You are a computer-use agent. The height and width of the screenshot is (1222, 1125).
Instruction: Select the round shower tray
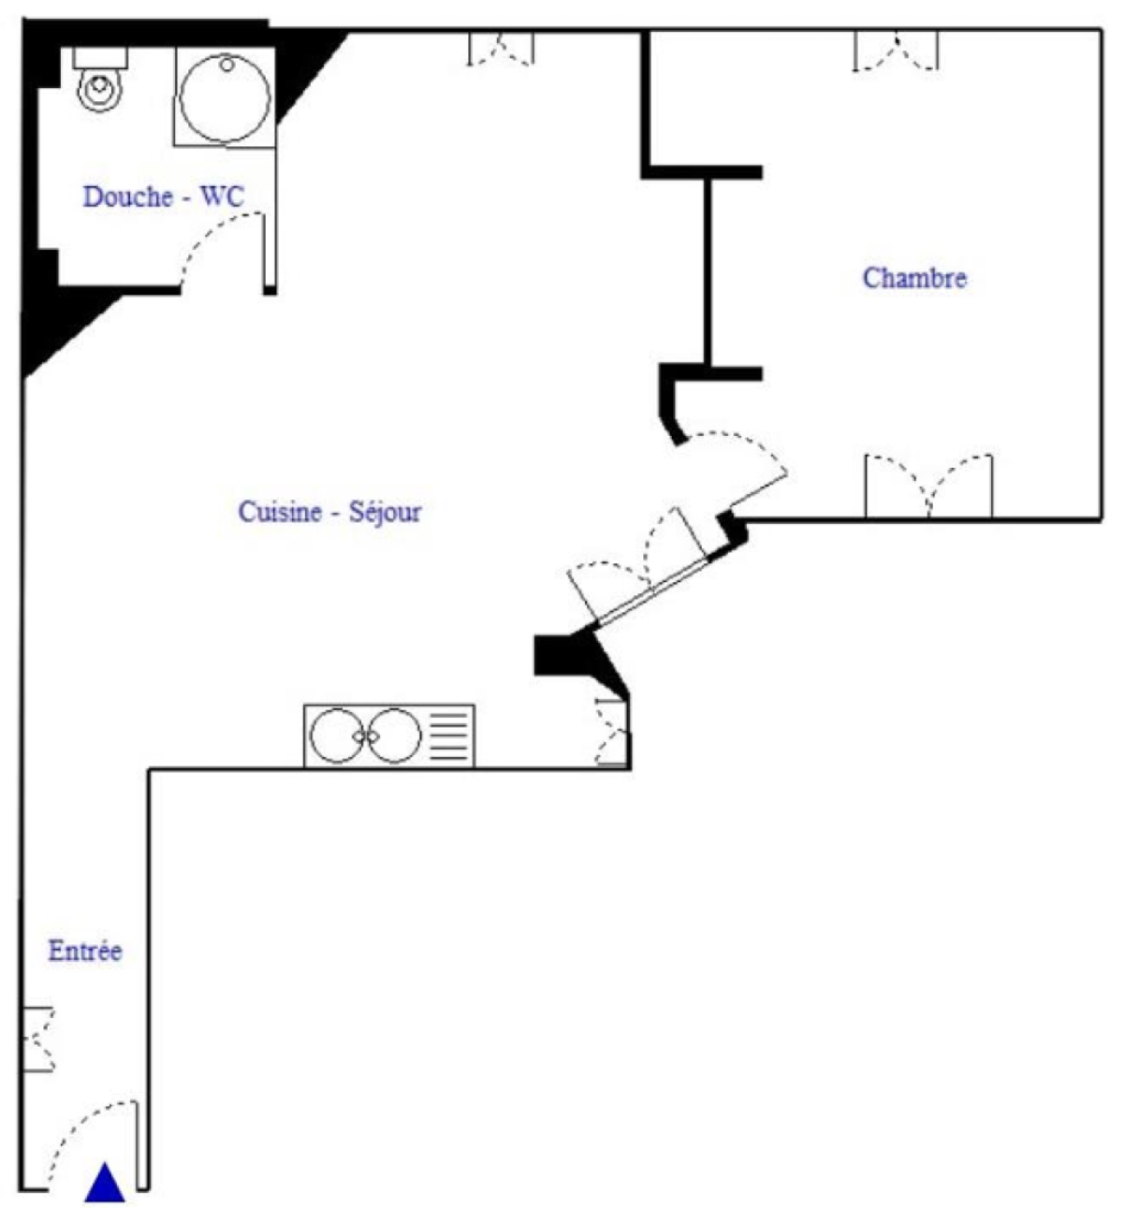[x=226, y=97]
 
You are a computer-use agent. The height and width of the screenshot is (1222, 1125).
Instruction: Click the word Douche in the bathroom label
[x=128, y=196]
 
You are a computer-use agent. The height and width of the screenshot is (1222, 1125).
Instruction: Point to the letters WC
[x=223, y=196]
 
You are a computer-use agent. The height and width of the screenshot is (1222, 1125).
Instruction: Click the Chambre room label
[x=914, y=279]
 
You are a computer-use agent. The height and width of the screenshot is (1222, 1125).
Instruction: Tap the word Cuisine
[x=280, y=512]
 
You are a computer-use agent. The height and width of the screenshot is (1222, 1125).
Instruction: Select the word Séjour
[x=385, y=513]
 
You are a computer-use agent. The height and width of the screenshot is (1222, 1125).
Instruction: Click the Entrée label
[x=85, y=951]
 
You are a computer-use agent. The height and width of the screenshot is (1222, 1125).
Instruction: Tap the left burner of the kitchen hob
[x=336, y=735]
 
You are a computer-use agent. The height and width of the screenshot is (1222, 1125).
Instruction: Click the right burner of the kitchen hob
[x=394, y=735]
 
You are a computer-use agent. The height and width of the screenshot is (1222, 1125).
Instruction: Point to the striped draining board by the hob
[x=449, y=736]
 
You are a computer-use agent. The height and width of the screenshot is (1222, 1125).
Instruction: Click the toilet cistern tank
[x=100, y=59]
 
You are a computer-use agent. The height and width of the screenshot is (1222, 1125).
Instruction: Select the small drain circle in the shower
[x=226, y=64]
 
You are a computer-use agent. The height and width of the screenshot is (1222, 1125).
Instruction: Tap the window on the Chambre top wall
[x=896, y=51]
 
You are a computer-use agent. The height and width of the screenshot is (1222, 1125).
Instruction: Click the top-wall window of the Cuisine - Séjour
[x=501, y=48]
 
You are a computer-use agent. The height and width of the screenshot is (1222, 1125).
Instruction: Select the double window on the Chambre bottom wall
[x=928, y=487]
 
